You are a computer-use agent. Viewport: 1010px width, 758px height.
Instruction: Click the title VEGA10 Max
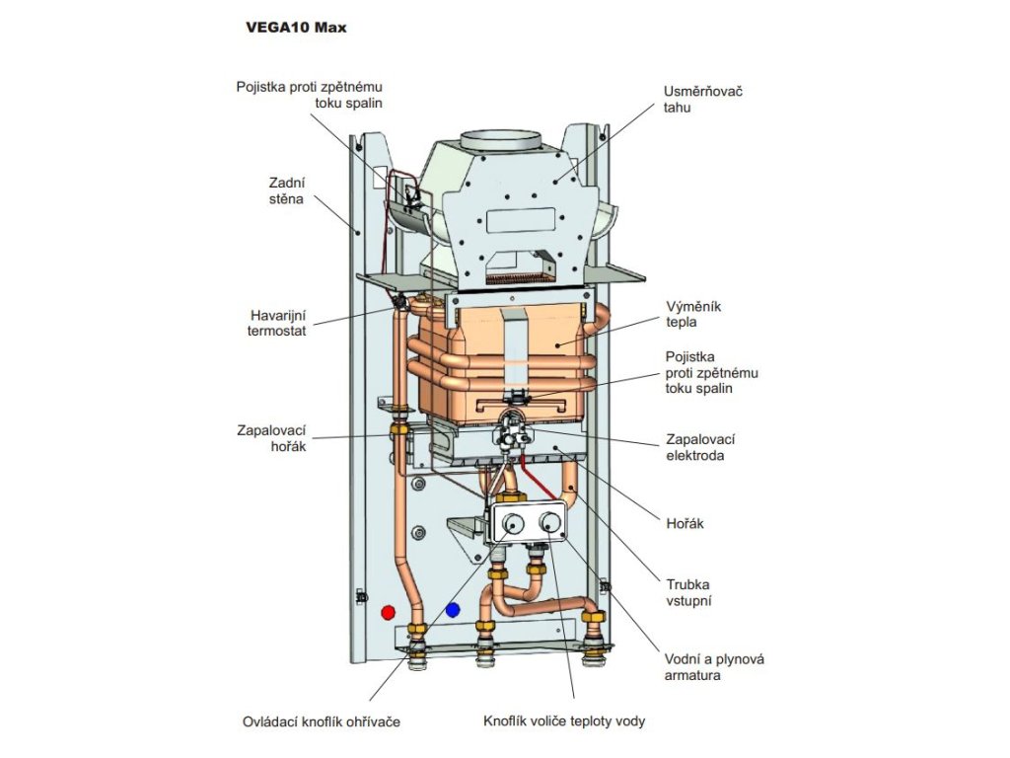tap(296, 28)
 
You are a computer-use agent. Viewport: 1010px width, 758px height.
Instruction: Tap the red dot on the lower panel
tap(388, 611)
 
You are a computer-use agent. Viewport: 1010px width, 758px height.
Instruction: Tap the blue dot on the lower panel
tap(453, 610)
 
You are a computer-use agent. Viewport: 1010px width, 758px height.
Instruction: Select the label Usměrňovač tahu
tap(702, 99)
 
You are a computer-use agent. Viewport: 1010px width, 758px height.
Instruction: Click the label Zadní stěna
tap(286, 190)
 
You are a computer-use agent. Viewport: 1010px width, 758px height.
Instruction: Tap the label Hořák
tap(683, 525)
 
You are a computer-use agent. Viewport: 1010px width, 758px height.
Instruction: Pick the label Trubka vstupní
tap(688, 591)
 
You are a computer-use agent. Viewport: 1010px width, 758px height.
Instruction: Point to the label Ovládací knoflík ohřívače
tap(322, 721)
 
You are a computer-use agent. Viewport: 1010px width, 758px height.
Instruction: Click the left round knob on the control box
tap(512, 524)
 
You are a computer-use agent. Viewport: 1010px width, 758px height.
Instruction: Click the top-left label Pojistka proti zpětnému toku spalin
tap(309, 94)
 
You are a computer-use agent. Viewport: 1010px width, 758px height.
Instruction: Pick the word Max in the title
tap(330, 28)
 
